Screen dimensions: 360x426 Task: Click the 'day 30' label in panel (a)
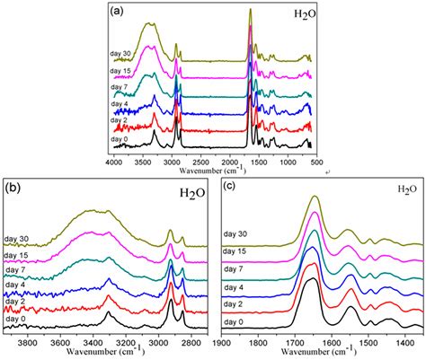[122, 54]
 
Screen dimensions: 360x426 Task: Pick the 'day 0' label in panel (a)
[122, 140]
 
